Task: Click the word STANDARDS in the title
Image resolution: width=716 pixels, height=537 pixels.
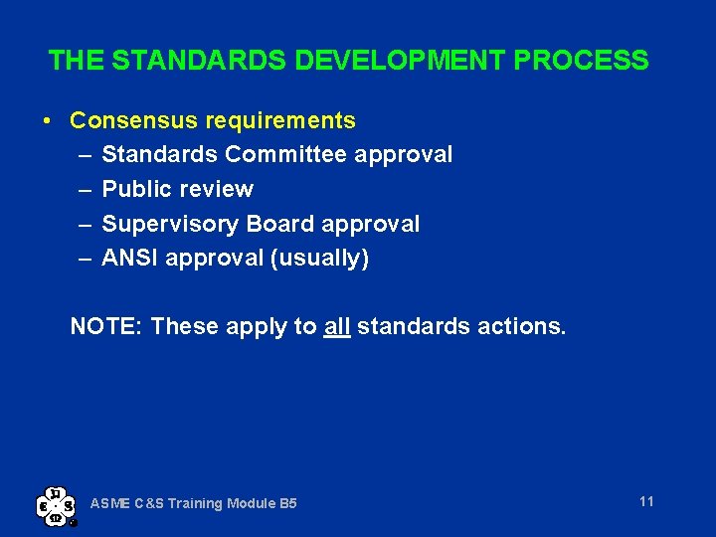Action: click(200, 61)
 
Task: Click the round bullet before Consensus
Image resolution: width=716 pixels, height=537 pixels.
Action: click(48, 121)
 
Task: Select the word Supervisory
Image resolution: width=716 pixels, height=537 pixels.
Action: click(163, 224)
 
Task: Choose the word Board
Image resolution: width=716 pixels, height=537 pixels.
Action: click(267, 224)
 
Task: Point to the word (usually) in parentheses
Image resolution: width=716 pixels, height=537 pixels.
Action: click(318, 259)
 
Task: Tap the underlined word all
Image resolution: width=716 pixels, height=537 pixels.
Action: click(337, 326)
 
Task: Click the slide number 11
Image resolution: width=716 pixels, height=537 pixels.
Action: click(646, 501)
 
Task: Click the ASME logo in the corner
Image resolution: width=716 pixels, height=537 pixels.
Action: click(56, 504)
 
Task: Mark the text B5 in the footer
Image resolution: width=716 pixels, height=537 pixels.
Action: click(286, 504)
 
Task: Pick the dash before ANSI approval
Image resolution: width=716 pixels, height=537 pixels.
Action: click(85, 259)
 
